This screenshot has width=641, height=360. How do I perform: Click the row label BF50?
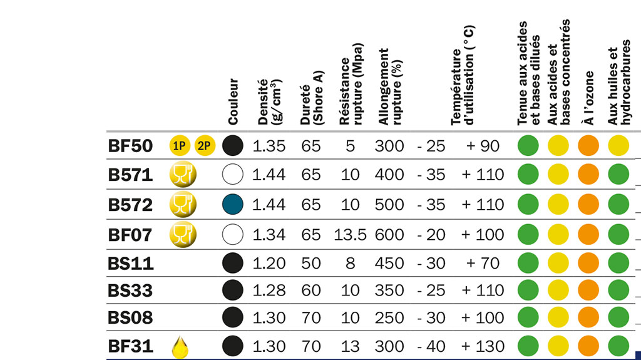point(130,146)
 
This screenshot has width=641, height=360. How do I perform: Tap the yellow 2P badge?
point(205,146)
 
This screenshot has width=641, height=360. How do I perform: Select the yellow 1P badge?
point(180,146)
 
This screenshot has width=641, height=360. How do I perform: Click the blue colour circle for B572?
point(232,204)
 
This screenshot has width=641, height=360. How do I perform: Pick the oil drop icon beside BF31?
point(180,346)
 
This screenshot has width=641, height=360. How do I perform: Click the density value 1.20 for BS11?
point(269,263)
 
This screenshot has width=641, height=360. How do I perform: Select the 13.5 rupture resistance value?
point(349,235)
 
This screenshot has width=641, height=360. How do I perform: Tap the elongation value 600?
point(389,235)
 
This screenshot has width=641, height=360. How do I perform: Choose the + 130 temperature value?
point(483,346)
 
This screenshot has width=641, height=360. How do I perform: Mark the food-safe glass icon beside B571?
point(182,174)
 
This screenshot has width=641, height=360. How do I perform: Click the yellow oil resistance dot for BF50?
point(618,146)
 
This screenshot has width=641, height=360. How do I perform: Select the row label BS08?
point(130,318)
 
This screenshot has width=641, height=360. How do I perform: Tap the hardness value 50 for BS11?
point(310,263)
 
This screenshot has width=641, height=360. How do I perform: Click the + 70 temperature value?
point(483,263)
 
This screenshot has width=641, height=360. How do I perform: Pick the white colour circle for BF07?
point(232,235)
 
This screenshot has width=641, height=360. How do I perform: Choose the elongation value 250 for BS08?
point(389,318)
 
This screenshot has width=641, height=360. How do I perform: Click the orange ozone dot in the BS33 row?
point(588,290)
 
